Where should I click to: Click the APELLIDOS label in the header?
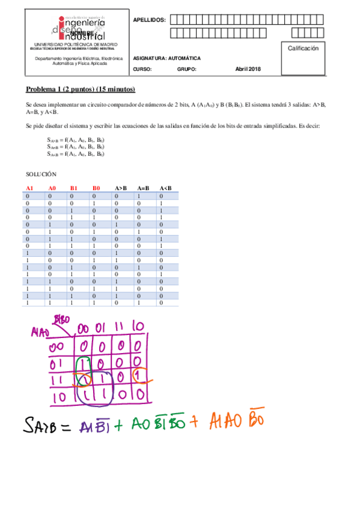coord(148,20)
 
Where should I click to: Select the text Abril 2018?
coord(248,69)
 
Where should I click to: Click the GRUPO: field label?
coord(186,69)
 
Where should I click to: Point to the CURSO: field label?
coord(142,69)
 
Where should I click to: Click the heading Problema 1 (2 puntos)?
coord(81,90)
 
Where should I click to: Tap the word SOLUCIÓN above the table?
coord(41,174)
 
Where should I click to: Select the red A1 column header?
coord(29,189)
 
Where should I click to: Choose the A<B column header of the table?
coord(165,189)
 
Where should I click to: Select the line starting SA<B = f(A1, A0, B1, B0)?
coord(75,155)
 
